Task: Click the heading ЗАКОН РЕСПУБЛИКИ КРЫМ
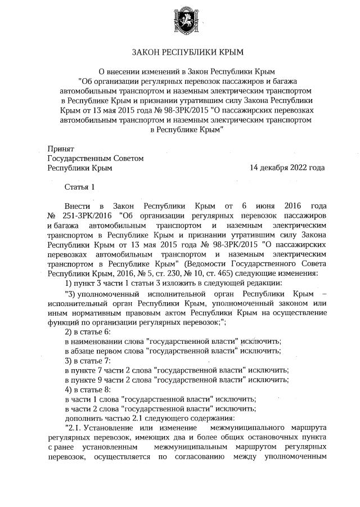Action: (187, 52)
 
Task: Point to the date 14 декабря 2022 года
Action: (287, 168)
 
